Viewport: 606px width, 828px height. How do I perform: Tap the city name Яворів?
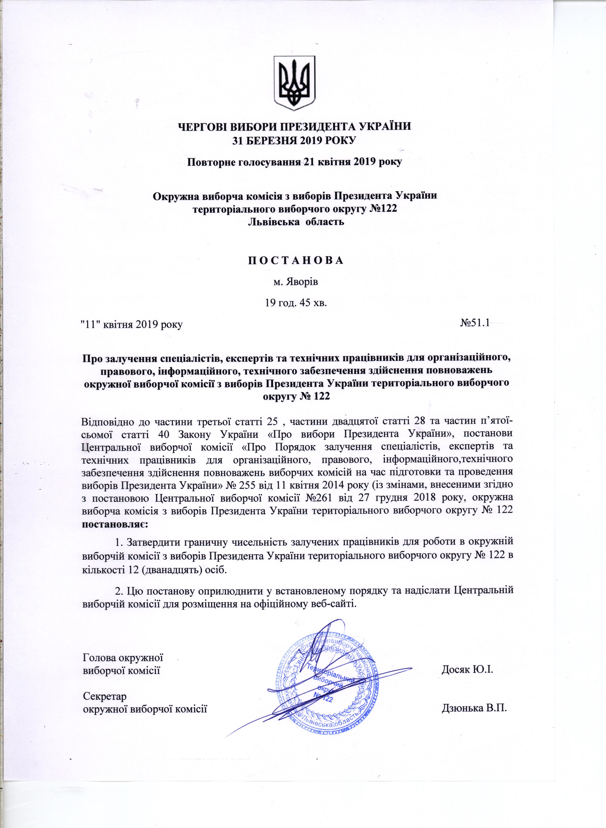[x=302, y=283]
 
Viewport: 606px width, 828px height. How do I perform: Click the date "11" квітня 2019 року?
[x=131, y=325]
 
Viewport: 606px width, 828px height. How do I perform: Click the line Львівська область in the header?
[x=296, y=222]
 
